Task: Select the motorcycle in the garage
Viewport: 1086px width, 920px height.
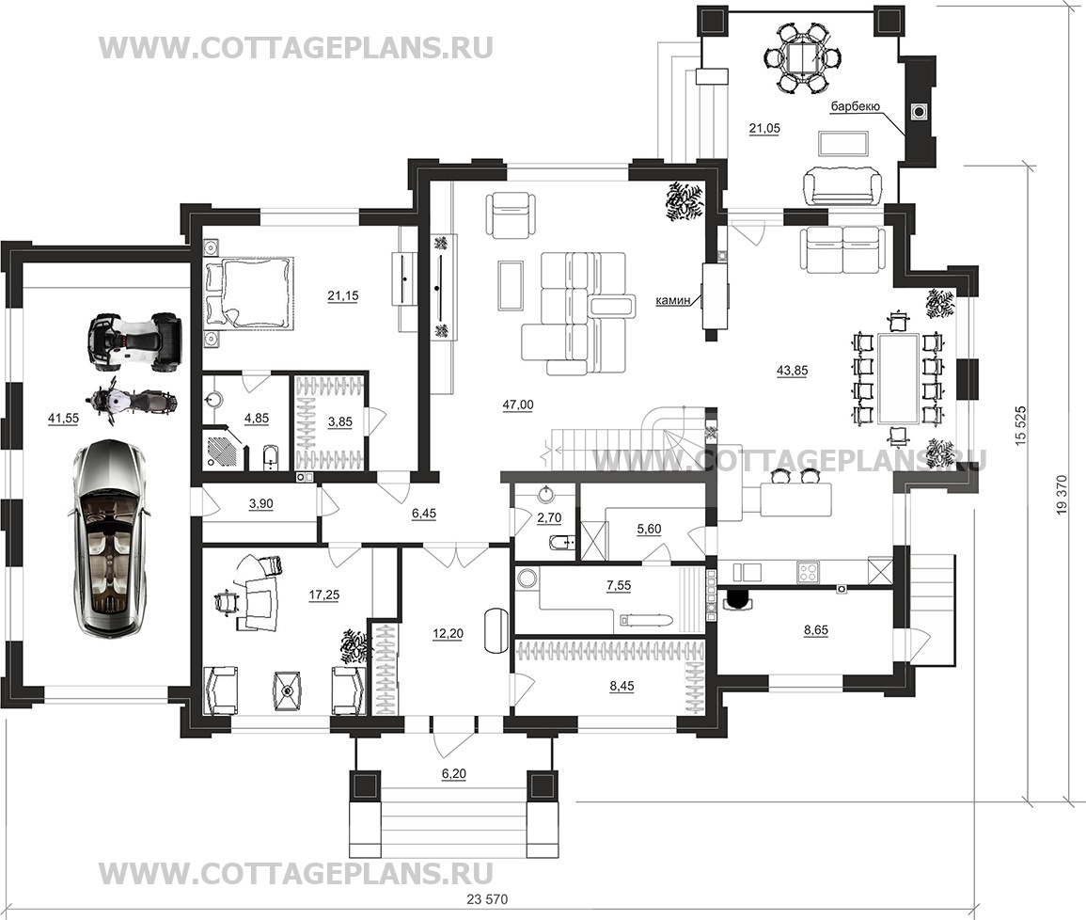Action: pos(130,401)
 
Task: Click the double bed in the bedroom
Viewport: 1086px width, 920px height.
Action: pos(248,292)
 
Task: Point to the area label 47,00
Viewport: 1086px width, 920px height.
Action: pos(517,404)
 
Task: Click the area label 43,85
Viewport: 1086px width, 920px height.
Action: pos(792,371)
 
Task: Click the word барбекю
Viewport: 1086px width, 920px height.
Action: pos(855,106)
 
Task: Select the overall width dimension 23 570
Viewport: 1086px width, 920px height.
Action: pos(488,900)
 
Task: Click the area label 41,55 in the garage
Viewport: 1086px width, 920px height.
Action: pos(62,418)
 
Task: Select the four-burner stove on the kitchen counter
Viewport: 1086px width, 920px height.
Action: pos(809,572)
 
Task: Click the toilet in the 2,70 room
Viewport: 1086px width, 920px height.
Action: pos(559,540)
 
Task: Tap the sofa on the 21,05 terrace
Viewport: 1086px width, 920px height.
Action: pos(842,185)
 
